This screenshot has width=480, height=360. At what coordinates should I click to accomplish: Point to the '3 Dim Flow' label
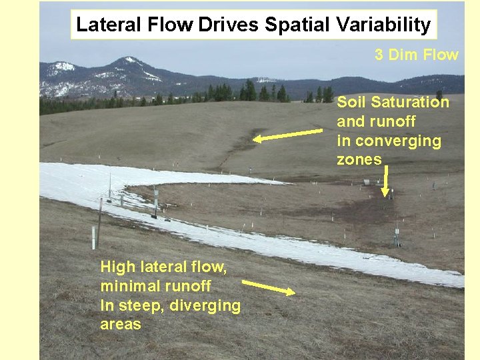point(416,55)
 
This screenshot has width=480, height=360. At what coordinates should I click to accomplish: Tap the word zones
point(359,159)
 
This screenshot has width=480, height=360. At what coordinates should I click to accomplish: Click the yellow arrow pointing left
point(287,135)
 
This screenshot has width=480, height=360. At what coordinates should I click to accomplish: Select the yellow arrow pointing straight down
point(385,181)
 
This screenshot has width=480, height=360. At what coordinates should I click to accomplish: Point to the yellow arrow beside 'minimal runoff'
point(269,288)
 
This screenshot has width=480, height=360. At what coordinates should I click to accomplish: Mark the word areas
point(121,325)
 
